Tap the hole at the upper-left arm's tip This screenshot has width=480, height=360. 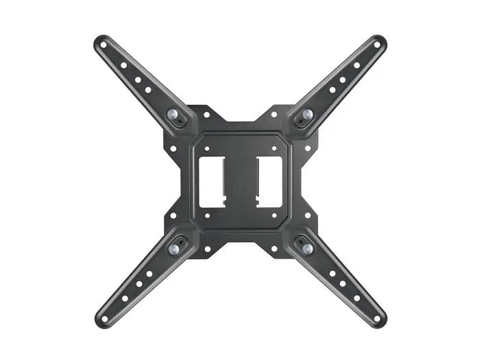click(104, 45)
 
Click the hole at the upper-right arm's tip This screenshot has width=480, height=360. click(376, 45)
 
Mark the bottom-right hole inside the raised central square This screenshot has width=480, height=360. click(274, 215)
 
